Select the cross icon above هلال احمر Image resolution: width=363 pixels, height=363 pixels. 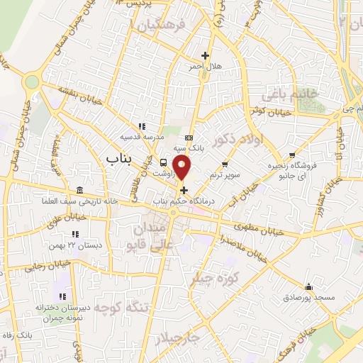click(205, 55)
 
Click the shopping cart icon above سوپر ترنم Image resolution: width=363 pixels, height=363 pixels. click(225, 164)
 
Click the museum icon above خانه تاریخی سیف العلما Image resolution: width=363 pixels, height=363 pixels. click(78, 190)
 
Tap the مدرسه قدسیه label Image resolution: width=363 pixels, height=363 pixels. click(141, 135)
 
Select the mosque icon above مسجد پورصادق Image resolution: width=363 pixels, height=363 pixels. click(308, 287)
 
